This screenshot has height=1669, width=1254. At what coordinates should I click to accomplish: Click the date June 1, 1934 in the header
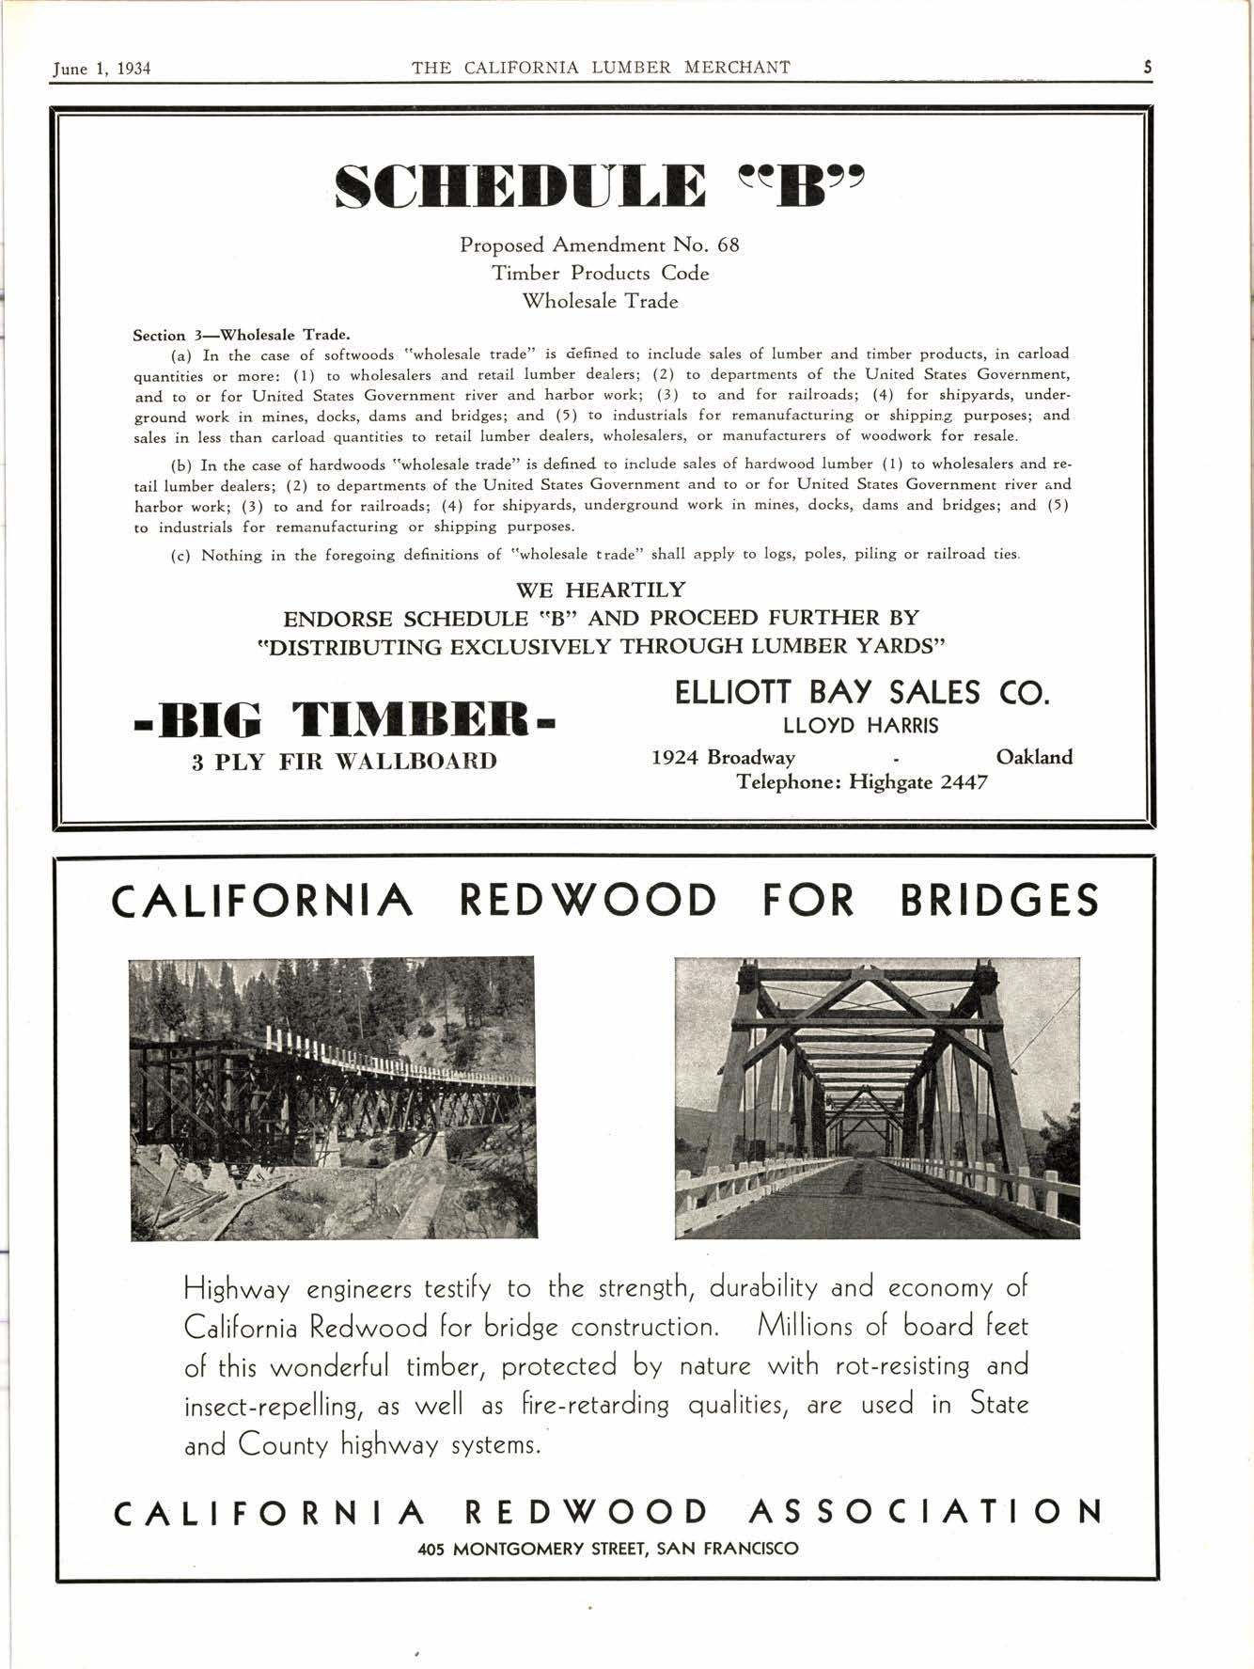point(102,68)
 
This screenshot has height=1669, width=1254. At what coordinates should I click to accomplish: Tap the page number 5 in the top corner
point(1148,67)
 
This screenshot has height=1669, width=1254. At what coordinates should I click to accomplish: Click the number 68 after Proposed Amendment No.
point(728,245)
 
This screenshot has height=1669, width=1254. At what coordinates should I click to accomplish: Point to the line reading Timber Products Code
point(600,274)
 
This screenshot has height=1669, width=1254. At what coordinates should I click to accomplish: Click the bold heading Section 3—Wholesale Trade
point(242,335)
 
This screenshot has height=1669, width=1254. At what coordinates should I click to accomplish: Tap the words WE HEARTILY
point(601,590)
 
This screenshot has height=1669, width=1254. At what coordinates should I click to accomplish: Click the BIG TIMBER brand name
point(345,721)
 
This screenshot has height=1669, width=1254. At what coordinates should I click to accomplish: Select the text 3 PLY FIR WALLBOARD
point(344,761)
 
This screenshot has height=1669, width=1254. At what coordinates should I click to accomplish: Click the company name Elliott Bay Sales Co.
point(861,693)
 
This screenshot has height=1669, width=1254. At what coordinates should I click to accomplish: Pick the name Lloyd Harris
point(860,726)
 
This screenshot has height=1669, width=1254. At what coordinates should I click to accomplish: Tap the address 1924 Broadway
point(723,757)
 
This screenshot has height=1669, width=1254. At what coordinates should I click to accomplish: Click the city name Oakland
point(1034,757)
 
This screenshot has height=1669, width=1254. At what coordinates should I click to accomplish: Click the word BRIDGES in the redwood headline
point(999,901)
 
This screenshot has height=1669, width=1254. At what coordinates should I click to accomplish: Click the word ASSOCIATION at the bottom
point(926,1512)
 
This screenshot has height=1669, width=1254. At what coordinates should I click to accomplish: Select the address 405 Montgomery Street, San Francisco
point(607,1548)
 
